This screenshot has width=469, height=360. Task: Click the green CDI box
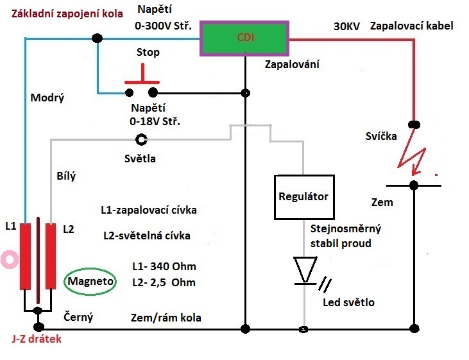pyautogui.click(x=245, y=38)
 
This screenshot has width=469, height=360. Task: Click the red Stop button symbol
pyautogui.click(x=142, y=83)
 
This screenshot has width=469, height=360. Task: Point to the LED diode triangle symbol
pyautogui.click(x=305, y=268)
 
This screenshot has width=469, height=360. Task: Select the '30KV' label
pyautogui.click(x=346, y=27)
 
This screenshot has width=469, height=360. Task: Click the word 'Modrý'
pyautogui.click(x=47, y=98)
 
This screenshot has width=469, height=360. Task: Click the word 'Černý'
pyautogui.click(x=78, y=317)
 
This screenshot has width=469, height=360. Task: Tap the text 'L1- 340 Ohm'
pyautogui.click(x=163, y=266)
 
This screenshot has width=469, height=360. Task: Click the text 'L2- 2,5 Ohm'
pyautogui.click(x=163, y=282)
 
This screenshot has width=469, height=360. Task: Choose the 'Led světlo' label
pyautogui.click(x=350, y=302)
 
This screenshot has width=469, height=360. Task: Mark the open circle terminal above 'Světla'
pyautogui.click(x=141, y=139)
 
